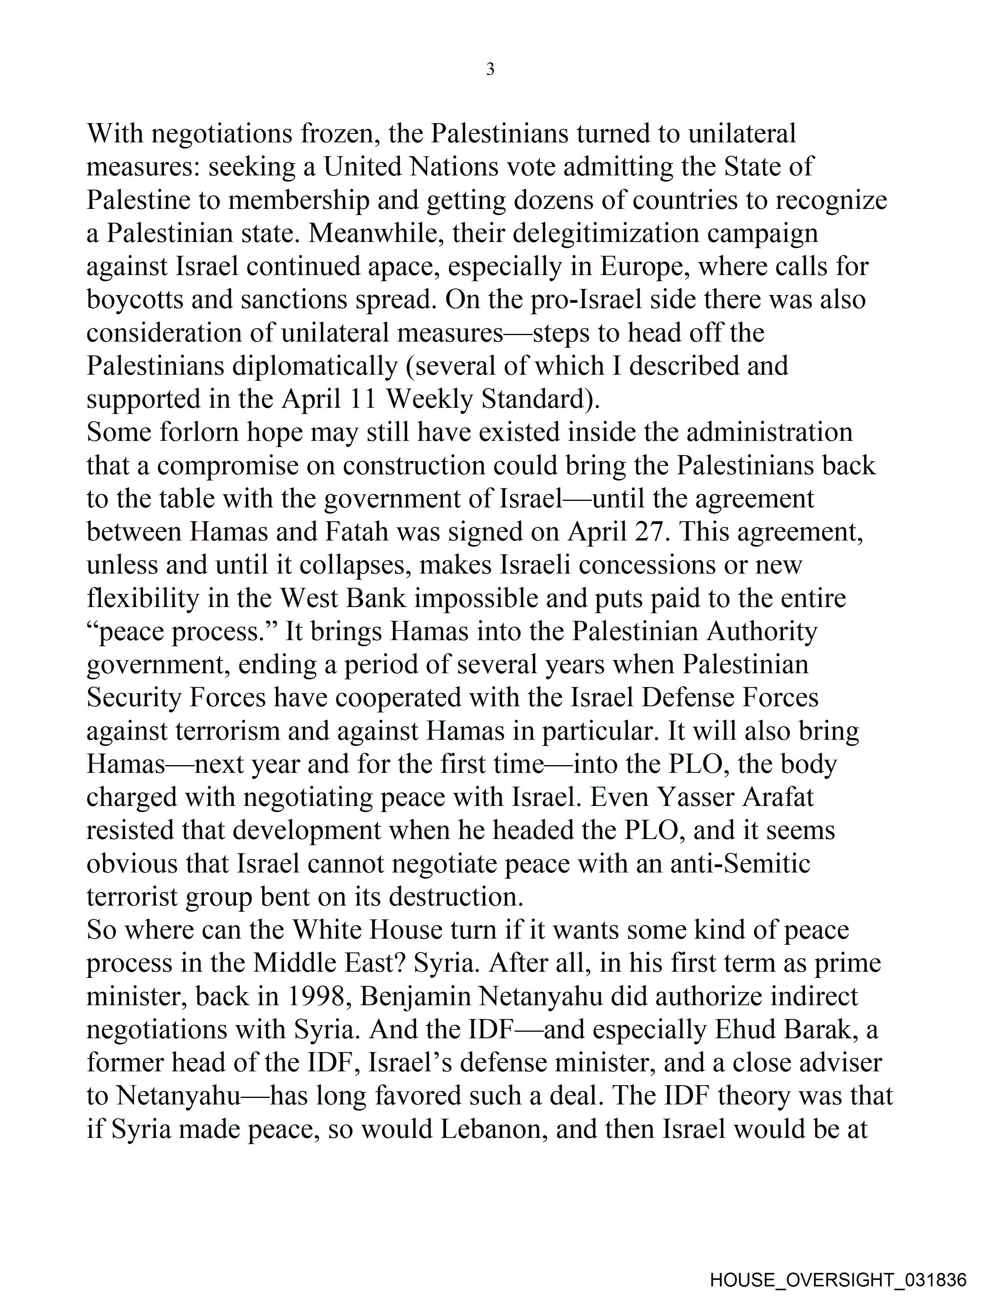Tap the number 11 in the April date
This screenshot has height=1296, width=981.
point(363,400)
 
